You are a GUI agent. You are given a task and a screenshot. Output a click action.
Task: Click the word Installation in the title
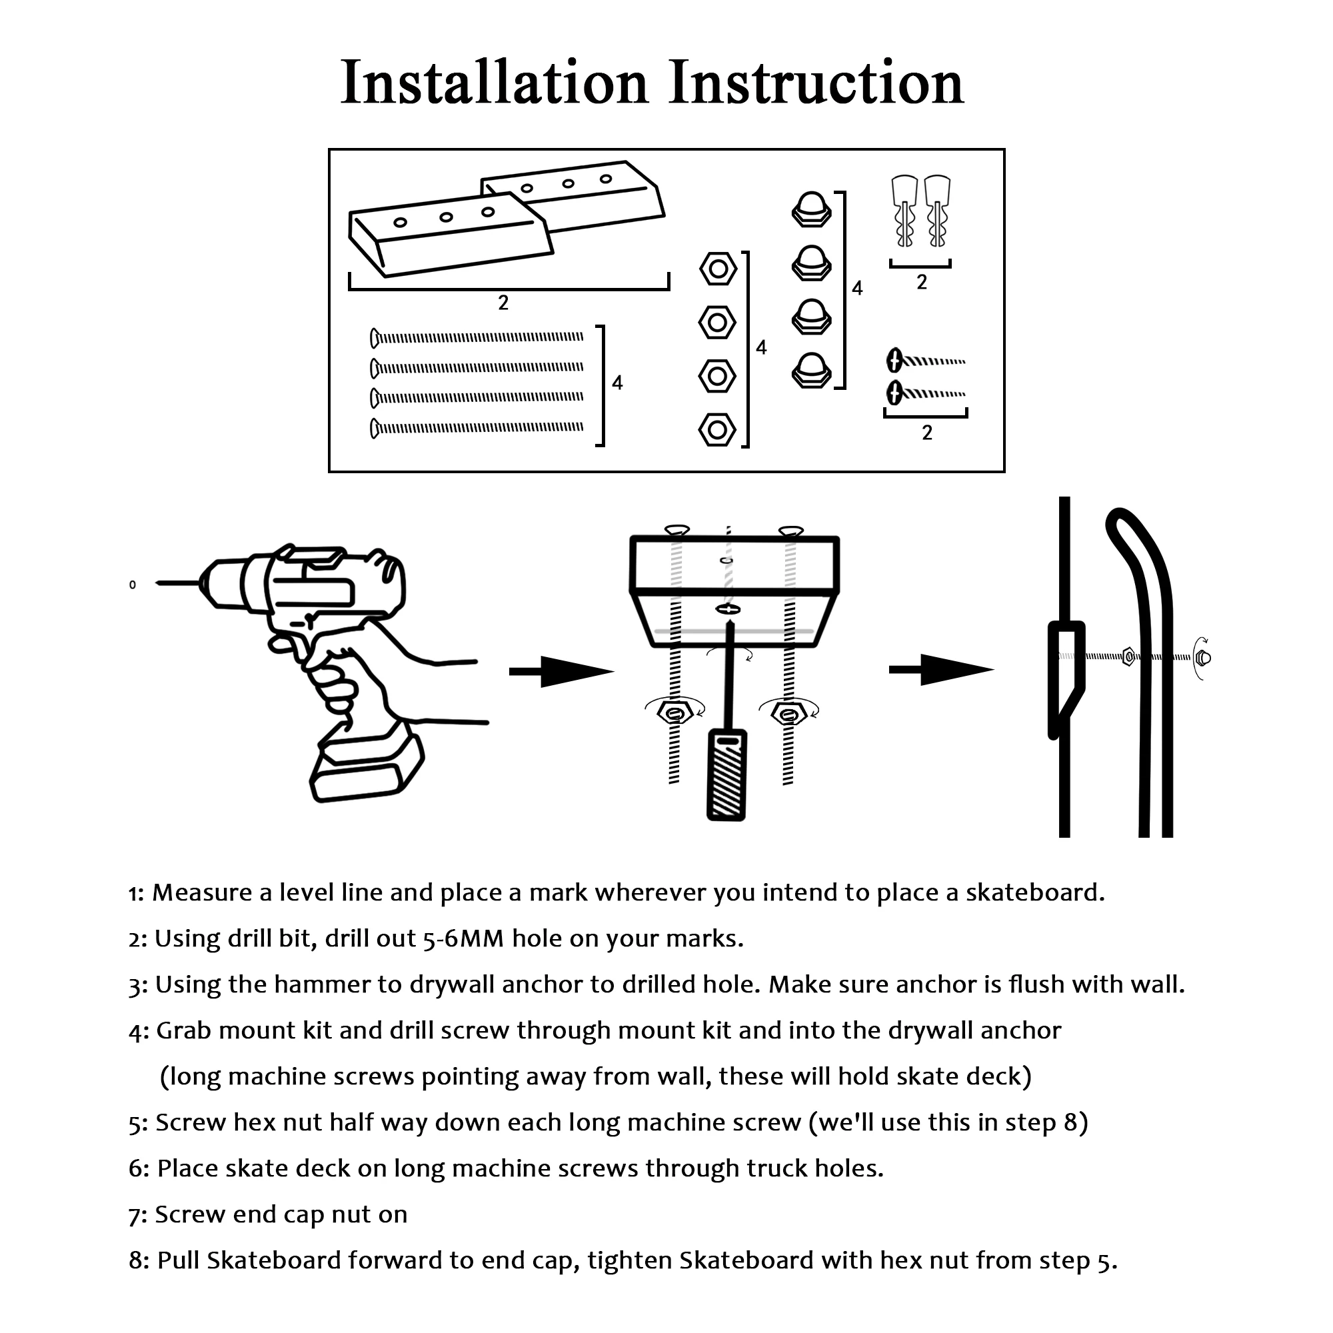click(494, 83)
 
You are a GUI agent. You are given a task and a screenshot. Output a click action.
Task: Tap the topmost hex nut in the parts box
click(718, 269)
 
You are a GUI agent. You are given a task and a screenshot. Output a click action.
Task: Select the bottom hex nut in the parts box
click(717, 431)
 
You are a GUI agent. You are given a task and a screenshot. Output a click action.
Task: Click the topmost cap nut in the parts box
click(810, 209)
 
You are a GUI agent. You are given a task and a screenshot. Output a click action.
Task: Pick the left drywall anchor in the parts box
click(904, 211)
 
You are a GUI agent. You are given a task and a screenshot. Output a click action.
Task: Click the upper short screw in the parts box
click(924, 360)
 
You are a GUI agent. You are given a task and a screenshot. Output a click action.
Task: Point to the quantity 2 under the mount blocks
click(503, 302)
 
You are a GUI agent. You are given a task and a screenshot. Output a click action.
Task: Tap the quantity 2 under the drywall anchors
click(922, 282)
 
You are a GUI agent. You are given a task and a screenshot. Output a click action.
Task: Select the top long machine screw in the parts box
click(476, 337)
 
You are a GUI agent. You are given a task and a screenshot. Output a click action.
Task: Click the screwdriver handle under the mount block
click(726, 776)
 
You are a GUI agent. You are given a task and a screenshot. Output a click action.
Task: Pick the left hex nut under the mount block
click(674, 712)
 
